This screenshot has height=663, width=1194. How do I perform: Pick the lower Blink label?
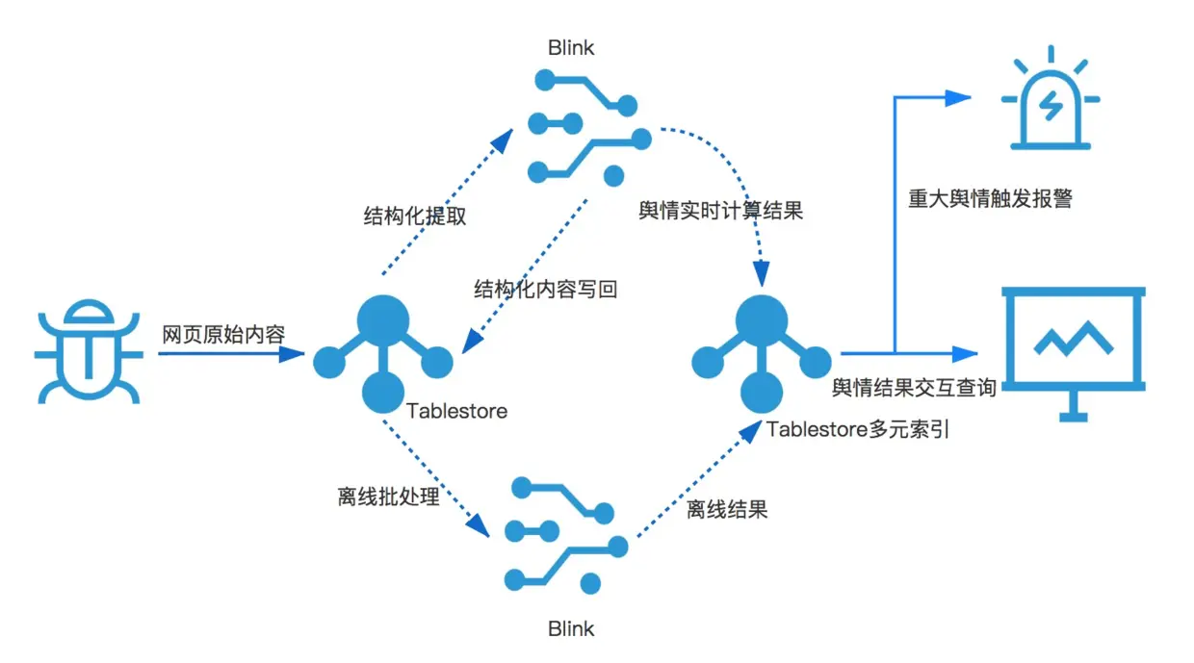click(571, 629)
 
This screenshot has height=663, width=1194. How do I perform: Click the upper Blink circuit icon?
click(584, 133)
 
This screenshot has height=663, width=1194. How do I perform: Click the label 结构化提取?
click(414, 216)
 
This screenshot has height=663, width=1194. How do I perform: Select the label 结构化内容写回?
click(545, 289)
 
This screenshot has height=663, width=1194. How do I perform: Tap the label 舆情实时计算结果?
click(720, 212)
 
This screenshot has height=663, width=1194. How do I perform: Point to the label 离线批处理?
click(388, 497)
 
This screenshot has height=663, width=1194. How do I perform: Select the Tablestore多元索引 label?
click(858, 429)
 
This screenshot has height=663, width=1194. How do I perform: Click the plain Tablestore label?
click(456, 411)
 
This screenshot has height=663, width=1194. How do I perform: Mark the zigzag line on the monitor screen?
click(1073, 338)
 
